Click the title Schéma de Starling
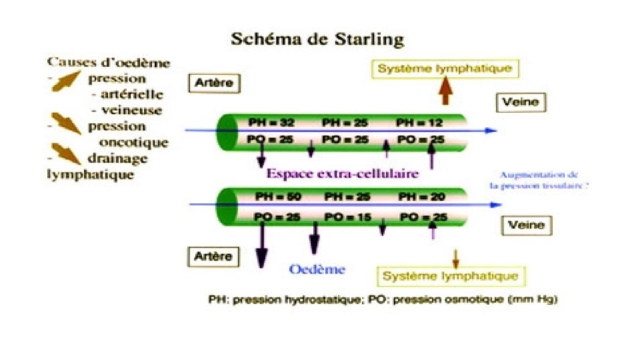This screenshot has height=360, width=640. coord(317,39)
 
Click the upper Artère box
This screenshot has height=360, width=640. coord(215,83)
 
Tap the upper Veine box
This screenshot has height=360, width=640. coord(522,102)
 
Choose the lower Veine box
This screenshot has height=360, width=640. coord(526,225)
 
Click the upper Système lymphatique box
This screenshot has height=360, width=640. coord(445,68)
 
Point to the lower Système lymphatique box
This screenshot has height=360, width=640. coord(451,275)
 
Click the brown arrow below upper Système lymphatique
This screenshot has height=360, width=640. coord(446,90)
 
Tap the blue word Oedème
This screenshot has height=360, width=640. coord(317,269)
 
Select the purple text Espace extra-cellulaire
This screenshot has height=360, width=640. coord(343,173)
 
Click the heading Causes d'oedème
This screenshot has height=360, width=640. coord(108,64)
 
